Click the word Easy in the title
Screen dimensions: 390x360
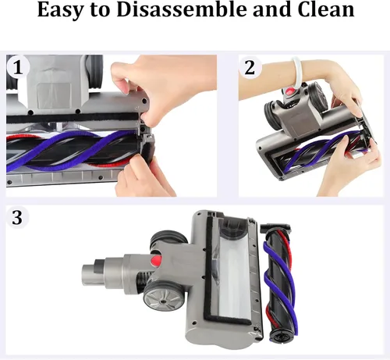pos(61,9)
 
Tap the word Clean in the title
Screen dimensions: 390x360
pos(326,9)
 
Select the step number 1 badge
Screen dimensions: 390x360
pos(18,68)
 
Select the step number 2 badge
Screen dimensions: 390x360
pos(250,67)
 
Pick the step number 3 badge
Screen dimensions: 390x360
pos(17,217)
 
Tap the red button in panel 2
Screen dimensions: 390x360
pos(289,92)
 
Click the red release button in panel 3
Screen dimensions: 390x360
pos(156,260)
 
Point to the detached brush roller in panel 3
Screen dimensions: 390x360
pos(278,282)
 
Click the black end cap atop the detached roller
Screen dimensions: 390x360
pos(275,228)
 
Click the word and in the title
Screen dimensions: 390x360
pos(272,9)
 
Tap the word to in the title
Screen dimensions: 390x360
pos(101,10)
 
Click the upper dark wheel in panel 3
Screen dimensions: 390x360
pos(168,241)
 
